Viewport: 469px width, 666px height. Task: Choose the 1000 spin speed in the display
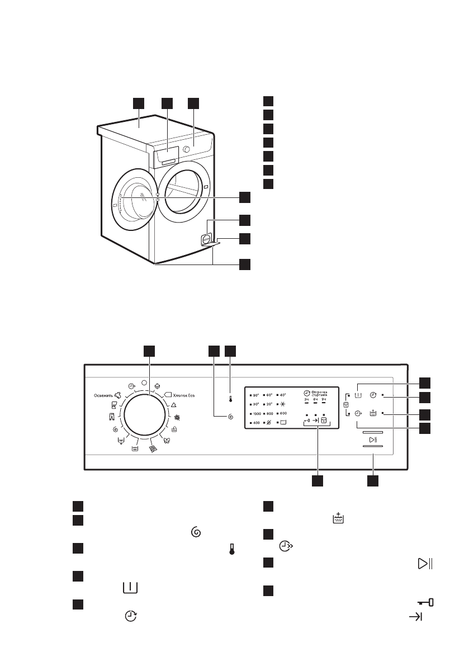255,414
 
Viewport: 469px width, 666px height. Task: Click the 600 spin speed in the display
283,414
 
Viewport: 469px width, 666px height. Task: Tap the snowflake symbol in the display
284,404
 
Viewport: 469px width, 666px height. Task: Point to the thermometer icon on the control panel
230,400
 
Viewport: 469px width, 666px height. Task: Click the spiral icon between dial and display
231,417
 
